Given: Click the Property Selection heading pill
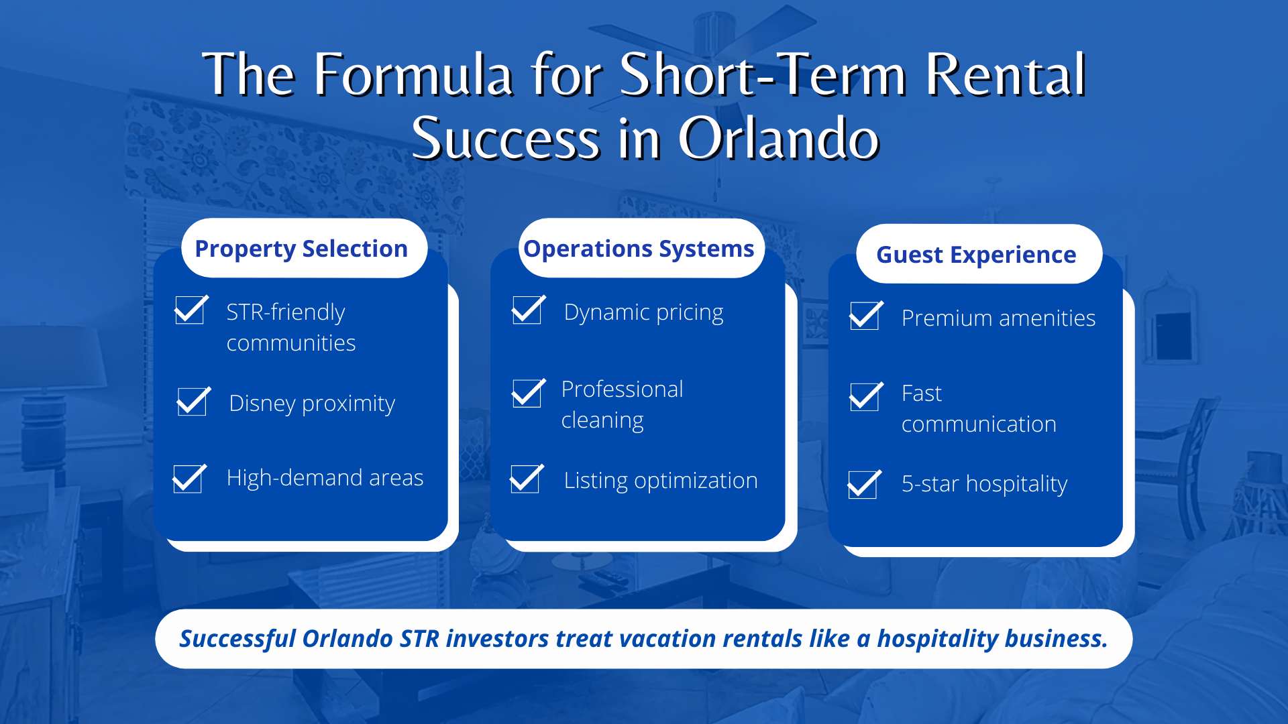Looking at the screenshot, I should click(303, 249).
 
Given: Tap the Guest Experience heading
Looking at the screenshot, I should click(977, 255).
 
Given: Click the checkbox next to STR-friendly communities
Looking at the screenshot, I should click(190, 311).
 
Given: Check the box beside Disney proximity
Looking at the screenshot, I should click(193, 402).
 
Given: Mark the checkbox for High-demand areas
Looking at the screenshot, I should click(189, 479).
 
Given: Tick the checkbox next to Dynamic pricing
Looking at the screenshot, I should click(527, 311).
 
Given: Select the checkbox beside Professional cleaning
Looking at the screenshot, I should click(527, 394).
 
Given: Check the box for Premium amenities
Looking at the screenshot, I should click(865, 316).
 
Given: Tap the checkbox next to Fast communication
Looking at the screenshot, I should click(865, 398).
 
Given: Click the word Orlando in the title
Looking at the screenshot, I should click(778, 139).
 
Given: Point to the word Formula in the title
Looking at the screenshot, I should click(414, 75).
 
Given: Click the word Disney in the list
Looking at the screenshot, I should click(262, 404).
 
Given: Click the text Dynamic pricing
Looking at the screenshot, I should click(643, 313).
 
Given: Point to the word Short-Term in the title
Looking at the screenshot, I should click(763, 75).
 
